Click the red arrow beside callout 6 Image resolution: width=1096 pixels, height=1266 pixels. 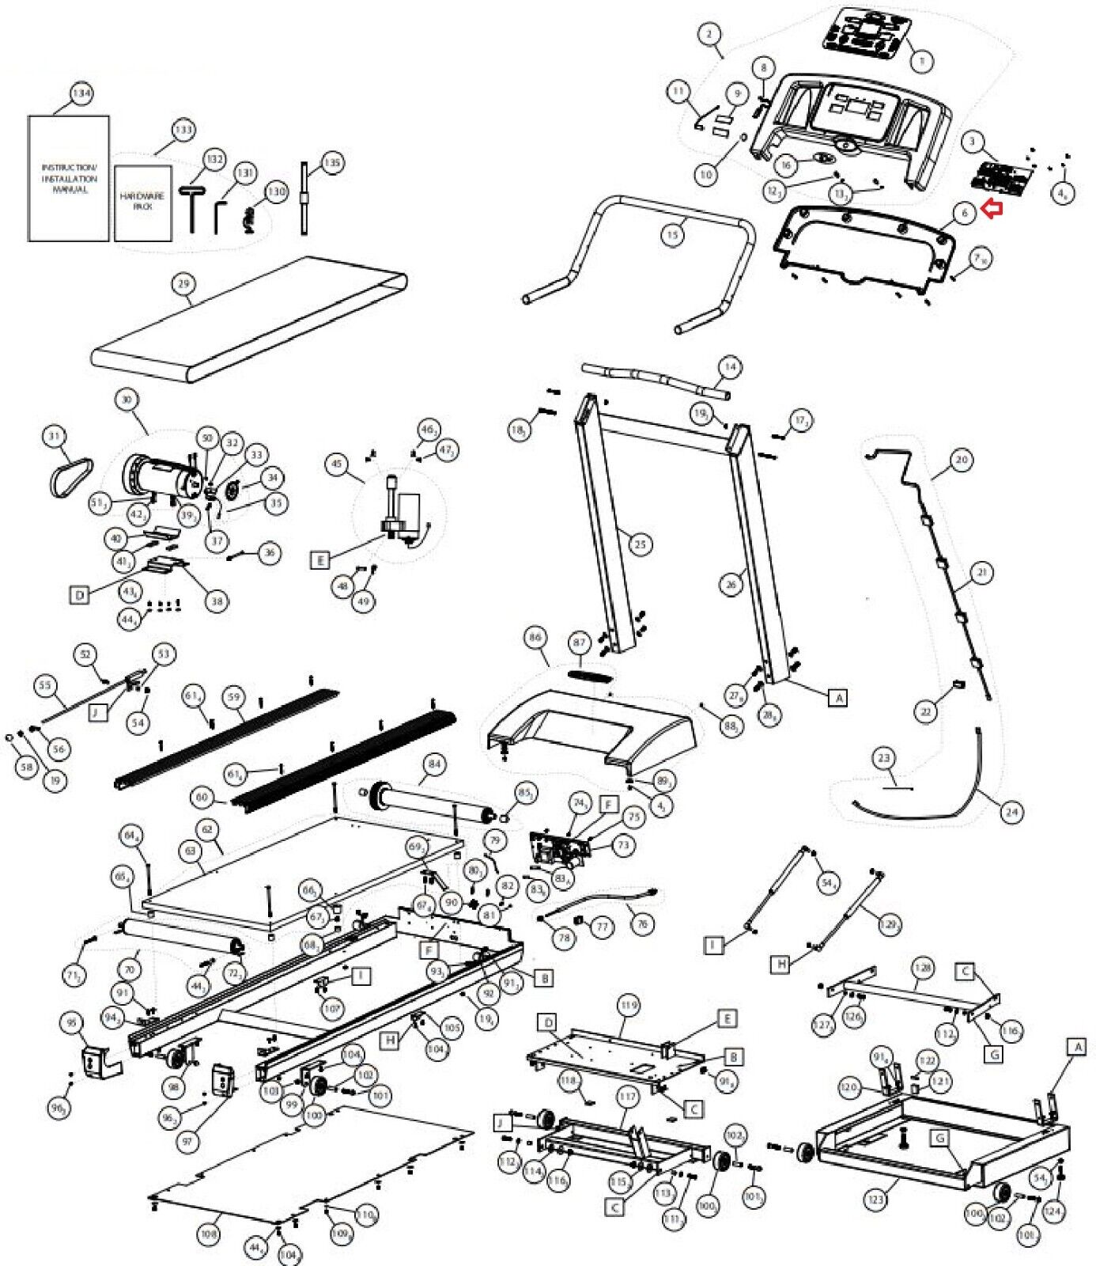click(x=992, y=208)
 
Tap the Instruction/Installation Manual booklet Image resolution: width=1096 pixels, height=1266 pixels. click(x=69, y=179)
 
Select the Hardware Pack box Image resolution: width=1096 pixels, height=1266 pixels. click(x=142, y=203)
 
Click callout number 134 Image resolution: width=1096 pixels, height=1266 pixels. click(x=81, y=93)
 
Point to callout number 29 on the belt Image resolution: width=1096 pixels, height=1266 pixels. click(x=184, y=284)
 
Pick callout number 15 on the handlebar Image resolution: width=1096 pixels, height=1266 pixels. click(x=672, y=235)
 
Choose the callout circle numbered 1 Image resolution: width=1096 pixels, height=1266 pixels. click(x=921, y=60)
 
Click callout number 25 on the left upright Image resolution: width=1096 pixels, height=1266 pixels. click(x=640, y=544)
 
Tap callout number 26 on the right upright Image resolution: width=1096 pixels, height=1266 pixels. click(x=731, y=585)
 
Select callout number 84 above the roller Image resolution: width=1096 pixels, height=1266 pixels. click(x=434, y=764)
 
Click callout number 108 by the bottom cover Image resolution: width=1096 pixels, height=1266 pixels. click(x=209, y=1234)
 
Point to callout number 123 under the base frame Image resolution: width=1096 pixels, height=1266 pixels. click(x=875, y=1200)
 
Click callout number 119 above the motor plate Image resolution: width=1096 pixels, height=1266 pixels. click(x=629, y=1006)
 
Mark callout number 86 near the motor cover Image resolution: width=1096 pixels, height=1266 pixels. click(x=535, y=637)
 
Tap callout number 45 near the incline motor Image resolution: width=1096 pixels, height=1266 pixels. click(x=338, y=463)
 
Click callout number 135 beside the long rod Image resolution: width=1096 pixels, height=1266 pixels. click(x=332, y=163)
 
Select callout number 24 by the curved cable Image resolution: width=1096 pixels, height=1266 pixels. click(x=1011, y=811)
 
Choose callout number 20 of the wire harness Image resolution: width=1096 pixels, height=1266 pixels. click(x=961, y=459)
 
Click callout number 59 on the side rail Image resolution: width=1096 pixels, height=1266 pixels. click(x=233, y=697)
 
